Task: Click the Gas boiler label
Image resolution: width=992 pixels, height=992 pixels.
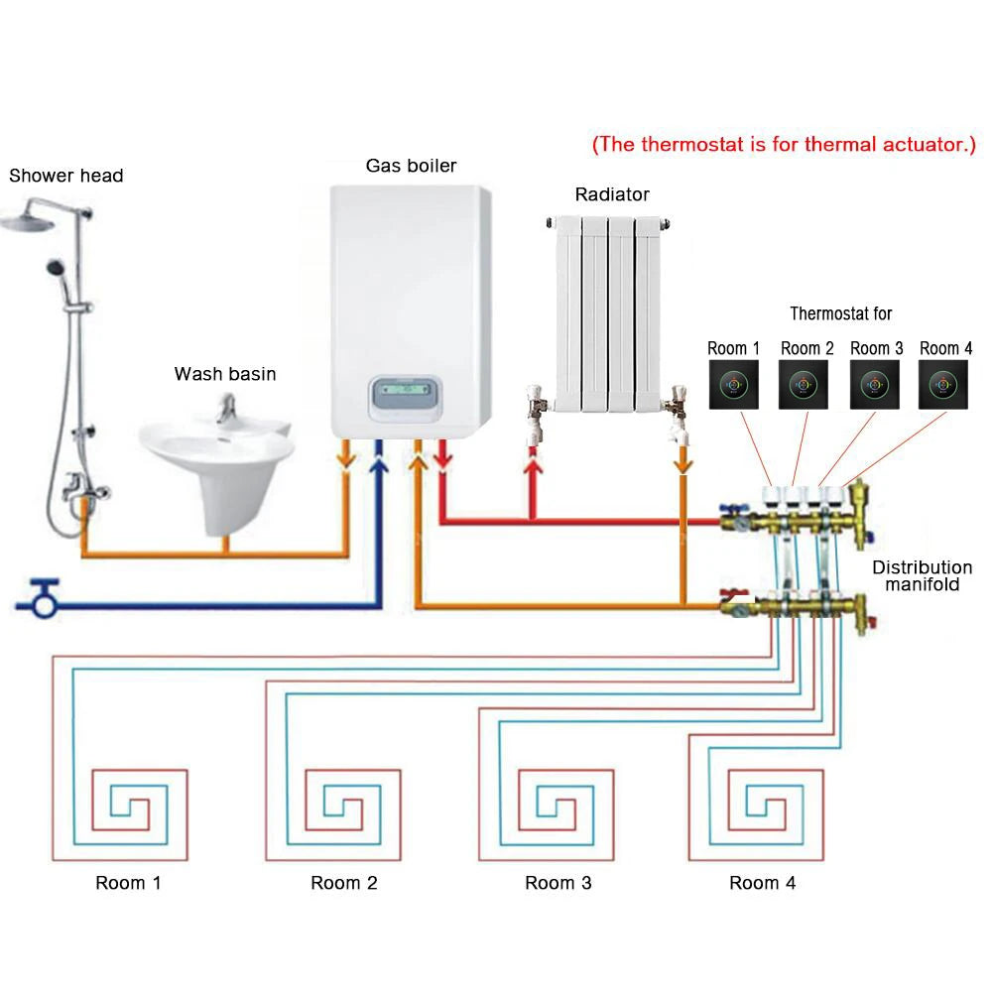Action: [x=411, y=166]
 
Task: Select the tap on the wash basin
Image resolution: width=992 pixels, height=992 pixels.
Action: [x=228, y=408]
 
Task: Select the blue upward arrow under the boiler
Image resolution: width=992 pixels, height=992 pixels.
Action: [x=379, y=458]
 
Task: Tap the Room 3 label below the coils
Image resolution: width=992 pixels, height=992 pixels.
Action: [x=558, y=883]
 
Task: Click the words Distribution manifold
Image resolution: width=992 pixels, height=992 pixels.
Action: [x=922, y=576]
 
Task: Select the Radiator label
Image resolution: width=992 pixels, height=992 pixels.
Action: [x=612, y=194]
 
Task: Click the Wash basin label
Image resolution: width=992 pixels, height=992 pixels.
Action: [x=225, y=374]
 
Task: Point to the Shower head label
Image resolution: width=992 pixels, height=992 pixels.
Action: [x=66, y=176]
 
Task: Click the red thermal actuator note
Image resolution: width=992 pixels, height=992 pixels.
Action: [x=784, y=144]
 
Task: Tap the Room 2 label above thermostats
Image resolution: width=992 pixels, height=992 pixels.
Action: [x=806, y=348]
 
